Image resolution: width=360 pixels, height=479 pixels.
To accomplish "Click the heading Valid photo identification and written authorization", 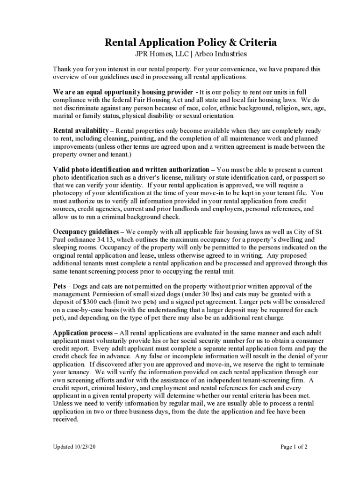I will [x=131, y=169].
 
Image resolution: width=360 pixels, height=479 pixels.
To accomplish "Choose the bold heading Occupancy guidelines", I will [x=86, y=232].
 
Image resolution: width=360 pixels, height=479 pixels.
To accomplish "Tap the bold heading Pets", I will [x=59, y=286].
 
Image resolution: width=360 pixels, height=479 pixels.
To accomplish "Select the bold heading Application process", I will [x=83, y=333].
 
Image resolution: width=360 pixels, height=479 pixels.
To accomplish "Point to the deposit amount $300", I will [x=82, y=302].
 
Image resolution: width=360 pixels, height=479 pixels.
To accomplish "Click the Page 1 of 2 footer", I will [x=294, y=447].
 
